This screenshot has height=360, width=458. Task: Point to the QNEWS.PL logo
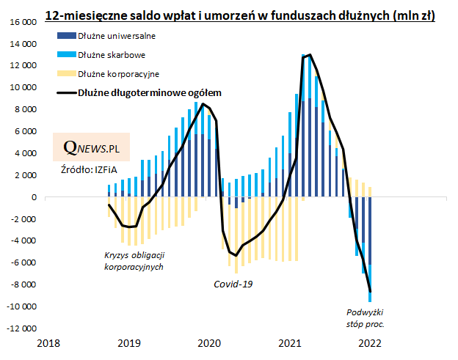coord(92,147)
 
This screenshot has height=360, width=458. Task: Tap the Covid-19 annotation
coord(233,284)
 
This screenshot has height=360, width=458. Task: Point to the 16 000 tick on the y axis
coord(24,22)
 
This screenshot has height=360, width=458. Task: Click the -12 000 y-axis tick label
coord(23,328)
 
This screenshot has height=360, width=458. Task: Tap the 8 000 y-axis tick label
coord(27,109)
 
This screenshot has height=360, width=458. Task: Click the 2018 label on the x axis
coord(48,342)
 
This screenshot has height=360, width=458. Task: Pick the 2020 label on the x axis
coord(209,342)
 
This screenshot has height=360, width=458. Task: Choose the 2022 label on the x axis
coord(370,342)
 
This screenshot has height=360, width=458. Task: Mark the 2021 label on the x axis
coord(290,342)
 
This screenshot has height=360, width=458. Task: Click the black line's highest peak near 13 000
coord(310,54)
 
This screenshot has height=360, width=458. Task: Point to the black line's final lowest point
coord(370,291)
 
